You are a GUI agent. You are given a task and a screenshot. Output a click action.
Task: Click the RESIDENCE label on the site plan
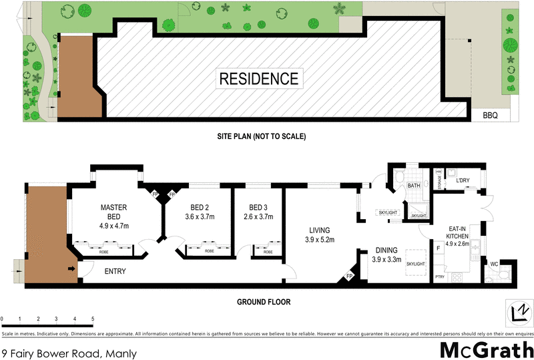pos(259,78)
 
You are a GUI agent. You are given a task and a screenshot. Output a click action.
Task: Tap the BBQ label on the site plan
pos(490,116)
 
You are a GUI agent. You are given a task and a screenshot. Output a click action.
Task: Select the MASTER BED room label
pos(114,212)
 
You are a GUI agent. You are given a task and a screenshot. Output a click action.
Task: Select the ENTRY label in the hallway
pos(115,272)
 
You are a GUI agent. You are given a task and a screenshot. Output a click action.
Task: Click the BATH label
pos(414,186)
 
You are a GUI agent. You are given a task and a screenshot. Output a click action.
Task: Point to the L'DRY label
pos(463,180)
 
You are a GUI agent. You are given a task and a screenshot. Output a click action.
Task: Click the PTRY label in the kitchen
pos(439,276)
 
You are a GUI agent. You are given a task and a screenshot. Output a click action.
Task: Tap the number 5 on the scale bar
pos(93,319)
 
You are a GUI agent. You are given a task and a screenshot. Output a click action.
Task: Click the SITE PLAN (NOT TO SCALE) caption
pos(261,136)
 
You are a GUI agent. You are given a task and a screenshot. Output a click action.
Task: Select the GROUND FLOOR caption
pos(264,302)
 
